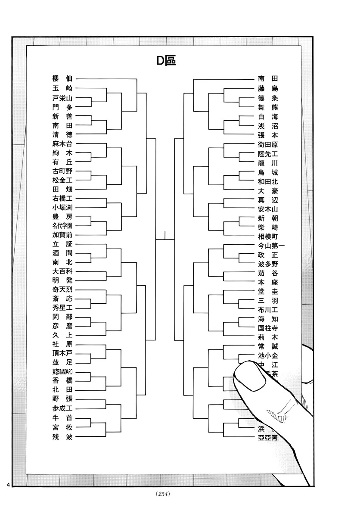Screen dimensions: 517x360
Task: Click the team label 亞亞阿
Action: tap(267, 438)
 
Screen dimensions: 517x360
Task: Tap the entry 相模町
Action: tap(268, 237)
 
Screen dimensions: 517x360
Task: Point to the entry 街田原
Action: tap(268, 145)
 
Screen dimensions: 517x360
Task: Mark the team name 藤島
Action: tap(268, 88)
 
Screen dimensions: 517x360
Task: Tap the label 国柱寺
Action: tap(268, 328)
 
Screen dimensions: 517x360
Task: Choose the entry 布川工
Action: tap(268, 309)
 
